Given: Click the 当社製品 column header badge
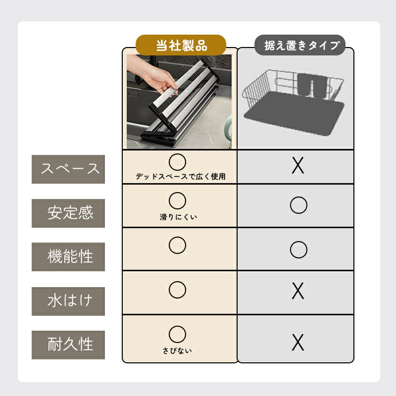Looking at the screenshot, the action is [x=181, y=45].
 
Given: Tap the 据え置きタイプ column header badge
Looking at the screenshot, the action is [x=300, y=45].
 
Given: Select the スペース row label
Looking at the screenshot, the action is [x=68, y=169].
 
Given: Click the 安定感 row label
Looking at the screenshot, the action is [x=68, y=213].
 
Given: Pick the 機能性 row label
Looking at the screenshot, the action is [x=68, y=257].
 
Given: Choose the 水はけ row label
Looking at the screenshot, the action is [x=68, y=301].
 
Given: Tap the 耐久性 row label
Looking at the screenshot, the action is [x=68, y=345].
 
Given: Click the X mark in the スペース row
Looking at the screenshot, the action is [x=298, y=166].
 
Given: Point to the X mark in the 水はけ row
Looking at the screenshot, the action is [x=298, y=291].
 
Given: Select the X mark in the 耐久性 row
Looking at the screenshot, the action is [x=298, y=343].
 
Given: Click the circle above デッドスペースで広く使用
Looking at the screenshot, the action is [x=178, y=154].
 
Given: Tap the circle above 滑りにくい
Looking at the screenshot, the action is [x=178, y=193].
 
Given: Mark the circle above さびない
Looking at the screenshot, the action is [x=178, y=326].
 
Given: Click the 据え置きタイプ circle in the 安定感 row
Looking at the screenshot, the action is [x=299, y=197].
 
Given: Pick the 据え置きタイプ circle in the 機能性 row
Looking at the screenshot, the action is [x=299, y=242].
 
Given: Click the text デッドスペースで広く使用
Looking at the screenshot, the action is [x=181, y=176].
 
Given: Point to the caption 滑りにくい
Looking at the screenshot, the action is [x=178, y=217].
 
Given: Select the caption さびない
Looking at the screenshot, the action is [x=177, y=350].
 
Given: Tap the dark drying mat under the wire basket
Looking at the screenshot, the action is [x=294, y=114].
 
